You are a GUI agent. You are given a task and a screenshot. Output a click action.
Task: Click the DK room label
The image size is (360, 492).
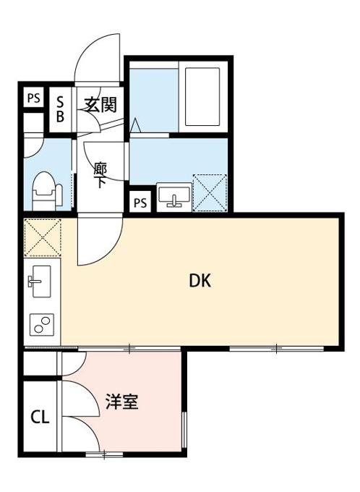(200, 281)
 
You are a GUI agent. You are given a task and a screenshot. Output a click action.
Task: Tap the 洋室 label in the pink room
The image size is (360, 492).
(122, 402)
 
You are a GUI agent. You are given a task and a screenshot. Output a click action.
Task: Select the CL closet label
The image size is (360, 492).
(40, 417)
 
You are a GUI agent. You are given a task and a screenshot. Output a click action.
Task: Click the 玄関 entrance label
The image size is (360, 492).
(101, 104)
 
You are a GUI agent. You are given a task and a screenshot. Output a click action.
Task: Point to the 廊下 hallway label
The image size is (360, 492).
(100, 175)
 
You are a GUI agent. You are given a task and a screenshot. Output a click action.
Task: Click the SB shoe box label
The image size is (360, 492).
(60, 109)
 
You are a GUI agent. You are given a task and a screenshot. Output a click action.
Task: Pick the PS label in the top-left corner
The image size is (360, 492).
(34, 98)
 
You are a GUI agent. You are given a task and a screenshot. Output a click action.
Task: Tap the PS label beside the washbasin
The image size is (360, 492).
(140, 203)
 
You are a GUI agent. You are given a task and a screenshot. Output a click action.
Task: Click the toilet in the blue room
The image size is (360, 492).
(47, 192)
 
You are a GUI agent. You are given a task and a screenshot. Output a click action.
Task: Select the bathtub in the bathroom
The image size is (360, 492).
(202, 97)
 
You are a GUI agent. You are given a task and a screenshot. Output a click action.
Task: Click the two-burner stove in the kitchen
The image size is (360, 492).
(42, 325)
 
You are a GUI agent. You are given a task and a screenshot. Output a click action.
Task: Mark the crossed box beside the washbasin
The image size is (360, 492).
(210, 193)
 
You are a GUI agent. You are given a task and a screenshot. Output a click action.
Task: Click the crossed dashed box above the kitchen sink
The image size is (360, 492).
(43, 238)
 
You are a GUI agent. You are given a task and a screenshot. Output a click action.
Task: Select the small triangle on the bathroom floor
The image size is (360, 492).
(136, 125)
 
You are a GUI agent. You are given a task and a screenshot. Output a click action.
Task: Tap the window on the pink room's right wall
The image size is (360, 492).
(184, 430)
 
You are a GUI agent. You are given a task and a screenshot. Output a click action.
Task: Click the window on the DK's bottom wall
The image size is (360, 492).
(277, 349)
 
